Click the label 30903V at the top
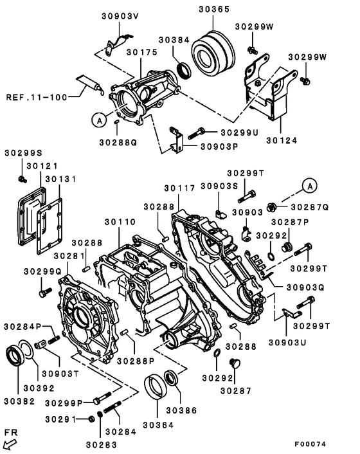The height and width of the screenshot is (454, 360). click(120, 17)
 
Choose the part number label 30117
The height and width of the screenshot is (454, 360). click(179, 188)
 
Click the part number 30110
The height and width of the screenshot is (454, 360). click(120, 222)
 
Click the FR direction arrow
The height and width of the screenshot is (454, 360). click(10, 442)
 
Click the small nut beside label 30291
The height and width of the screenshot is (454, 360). click(93, 419)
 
